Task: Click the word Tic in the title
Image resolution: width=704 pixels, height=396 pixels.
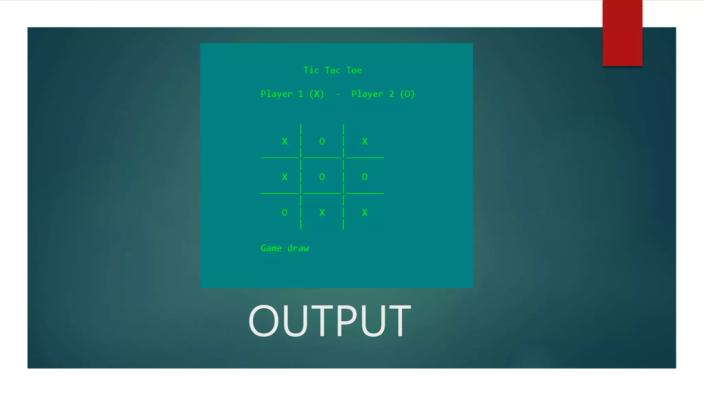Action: (311, 70)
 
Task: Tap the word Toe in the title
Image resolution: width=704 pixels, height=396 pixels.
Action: (354, 70)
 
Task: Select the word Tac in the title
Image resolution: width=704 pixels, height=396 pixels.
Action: (332, 70)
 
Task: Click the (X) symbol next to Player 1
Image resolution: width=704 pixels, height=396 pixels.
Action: (317, 94)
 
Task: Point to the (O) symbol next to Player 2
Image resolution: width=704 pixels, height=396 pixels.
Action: (407, 94)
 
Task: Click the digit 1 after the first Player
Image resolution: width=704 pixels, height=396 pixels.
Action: (300, 94)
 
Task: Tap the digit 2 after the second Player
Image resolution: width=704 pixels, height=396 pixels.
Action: (391, 94)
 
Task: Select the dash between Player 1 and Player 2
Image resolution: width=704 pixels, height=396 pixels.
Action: (338, 94)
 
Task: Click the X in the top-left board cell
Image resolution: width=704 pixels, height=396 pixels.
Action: (285, 141)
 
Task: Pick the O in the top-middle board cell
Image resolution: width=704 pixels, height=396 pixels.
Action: (322, 141)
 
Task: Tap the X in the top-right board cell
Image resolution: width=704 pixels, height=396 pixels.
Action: (365, 141)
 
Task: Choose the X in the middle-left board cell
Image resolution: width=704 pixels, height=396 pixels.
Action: (285, 177)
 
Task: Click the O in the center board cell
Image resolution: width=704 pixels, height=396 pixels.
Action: (322, 177)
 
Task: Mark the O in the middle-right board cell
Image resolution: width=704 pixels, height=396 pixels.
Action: (365, 177)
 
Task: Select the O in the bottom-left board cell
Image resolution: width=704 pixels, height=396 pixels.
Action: (285, 213)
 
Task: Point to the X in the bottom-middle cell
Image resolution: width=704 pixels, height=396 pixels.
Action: (322, 213)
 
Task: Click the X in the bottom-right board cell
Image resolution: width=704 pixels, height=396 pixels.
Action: (365, 213)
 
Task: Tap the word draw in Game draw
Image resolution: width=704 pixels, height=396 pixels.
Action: (298, 248)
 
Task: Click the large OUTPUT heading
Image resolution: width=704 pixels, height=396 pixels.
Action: (329, 321)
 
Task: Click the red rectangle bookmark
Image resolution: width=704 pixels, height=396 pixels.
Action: (622, 33)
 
